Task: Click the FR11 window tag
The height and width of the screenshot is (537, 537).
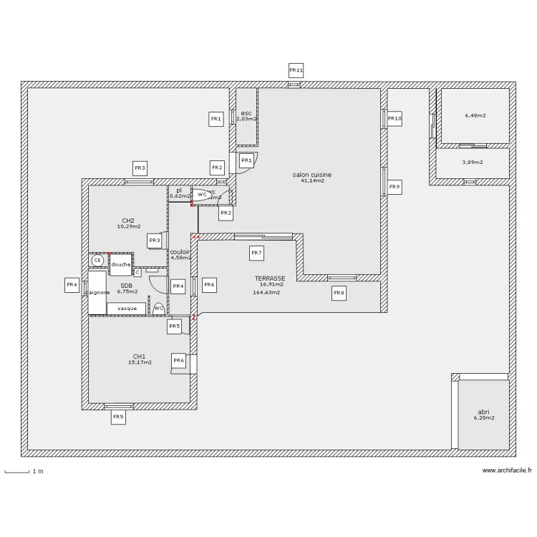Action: pos(296,70)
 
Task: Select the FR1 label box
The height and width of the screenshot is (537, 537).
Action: pos(216,120)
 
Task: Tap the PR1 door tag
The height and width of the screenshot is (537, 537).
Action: pos(246,161)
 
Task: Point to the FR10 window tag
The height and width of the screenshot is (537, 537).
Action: pos(395,118)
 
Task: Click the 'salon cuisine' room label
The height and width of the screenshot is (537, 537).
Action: pos(311,175)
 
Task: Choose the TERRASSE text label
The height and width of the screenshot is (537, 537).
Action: pos(270,279)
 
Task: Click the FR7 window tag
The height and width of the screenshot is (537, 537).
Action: pos(256,253)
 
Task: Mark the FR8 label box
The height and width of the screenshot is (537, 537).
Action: pos(339,293)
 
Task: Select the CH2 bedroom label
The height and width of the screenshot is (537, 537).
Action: pos(128,221)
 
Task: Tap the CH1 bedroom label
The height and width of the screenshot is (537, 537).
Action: pos(139,356)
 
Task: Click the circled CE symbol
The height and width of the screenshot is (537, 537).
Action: pos(97,261)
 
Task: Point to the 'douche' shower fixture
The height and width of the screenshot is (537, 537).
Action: pos(121,265)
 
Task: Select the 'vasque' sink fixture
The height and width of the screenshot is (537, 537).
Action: pos(127,309)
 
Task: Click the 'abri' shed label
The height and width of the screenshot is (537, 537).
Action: pos(484,412)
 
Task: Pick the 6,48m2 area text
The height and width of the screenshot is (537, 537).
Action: pos(475,115)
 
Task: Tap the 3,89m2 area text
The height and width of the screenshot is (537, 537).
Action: pos(473,163)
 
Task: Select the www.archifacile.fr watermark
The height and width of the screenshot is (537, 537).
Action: pos(507,470)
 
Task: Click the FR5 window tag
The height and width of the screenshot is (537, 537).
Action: pos(118,417)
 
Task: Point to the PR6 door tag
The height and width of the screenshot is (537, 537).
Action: pos(179,361)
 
